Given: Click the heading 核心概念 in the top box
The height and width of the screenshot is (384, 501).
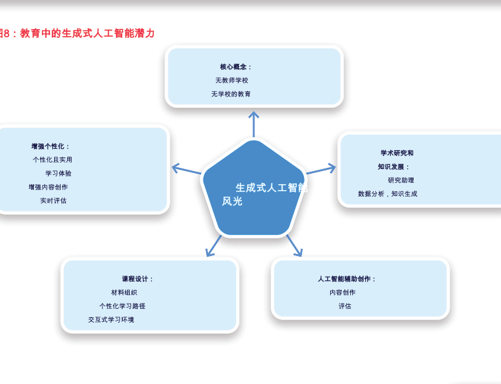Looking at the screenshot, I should [235, 67].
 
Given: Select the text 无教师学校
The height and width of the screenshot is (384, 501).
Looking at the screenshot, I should [232, 80].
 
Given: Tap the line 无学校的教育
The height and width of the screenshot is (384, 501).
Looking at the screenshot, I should [231, 94].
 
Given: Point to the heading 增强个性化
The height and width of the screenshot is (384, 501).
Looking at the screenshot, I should [50, 146].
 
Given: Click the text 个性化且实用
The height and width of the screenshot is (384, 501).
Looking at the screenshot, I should [52, 159].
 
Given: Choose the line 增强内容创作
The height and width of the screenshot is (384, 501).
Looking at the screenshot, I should [48, 187].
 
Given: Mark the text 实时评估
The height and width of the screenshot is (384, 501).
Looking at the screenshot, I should [53, 200].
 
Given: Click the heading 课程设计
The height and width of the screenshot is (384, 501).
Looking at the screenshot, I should [138, 279].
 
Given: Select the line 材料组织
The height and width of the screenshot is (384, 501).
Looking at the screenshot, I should [124, 293].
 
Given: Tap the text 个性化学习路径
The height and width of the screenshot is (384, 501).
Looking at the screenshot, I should [122, 306].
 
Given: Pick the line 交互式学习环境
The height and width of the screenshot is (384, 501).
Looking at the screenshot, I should [111, 320].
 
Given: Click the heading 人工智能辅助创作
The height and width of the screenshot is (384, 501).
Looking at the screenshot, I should [347, 279].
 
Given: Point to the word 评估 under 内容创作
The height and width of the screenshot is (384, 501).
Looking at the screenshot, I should [344, 306].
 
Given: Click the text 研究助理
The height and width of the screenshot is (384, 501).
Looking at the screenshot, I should [401, 180].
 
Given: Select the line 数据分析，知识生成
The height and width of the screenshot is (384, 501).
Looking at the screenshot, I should [387, 194].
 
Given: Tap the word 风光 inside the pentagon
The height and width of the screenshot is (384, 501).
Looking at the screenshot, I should [232, 201].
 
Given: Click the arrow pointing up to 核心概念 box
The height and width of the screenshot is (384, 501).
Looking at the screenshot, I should [254, 123].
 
